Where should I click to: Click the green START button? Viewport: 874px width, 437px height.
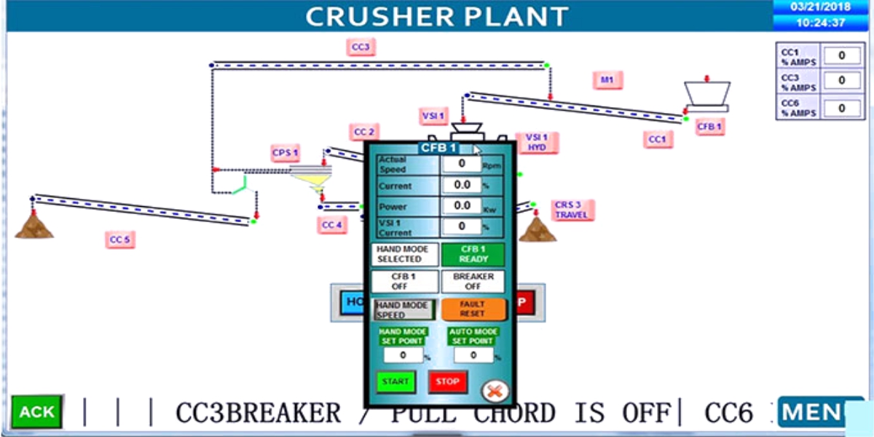coord(395,382)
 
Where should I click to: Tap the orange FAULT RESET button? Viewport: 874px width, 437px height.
coord(473,309)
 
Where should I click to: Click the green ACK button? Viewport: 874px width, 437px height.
coord(36,412)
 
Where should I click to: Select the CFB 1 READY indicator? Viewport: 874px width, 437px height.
coord(473,254)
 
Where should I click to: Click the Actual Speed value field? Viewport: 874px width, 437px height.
coord(461,164)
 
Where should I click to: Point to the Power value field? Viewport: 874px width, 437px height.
coord(461,206)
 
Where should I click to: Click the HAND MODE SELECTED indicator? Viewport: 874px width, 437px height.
coord(405,254)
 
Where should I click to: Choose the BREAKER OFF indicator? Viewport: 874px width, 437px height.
coord(473,281)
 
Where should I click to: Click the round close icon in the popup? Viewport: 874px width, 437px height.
coord(495,391)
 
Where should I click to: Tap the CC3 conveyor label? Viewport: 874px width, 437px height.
coord(361,47)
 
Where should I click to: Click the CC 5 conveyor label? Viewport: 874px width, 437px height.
coord(120,239)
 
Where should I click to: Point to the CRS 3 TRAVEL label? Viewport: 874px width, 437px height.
coord(572,210)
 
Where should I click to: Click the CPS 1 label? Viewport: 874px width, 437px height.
coord(285,153)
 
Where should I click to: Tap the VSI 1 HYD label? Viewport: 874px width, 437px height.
coord(537,142)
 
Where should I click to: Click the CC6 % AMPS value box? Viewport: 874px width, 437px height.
coord(842,107)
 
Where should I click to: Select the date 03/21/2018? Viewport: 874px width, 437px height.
coord(820,7)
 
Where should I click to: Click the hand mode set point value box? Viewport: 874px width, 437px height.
coord(403,355)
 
